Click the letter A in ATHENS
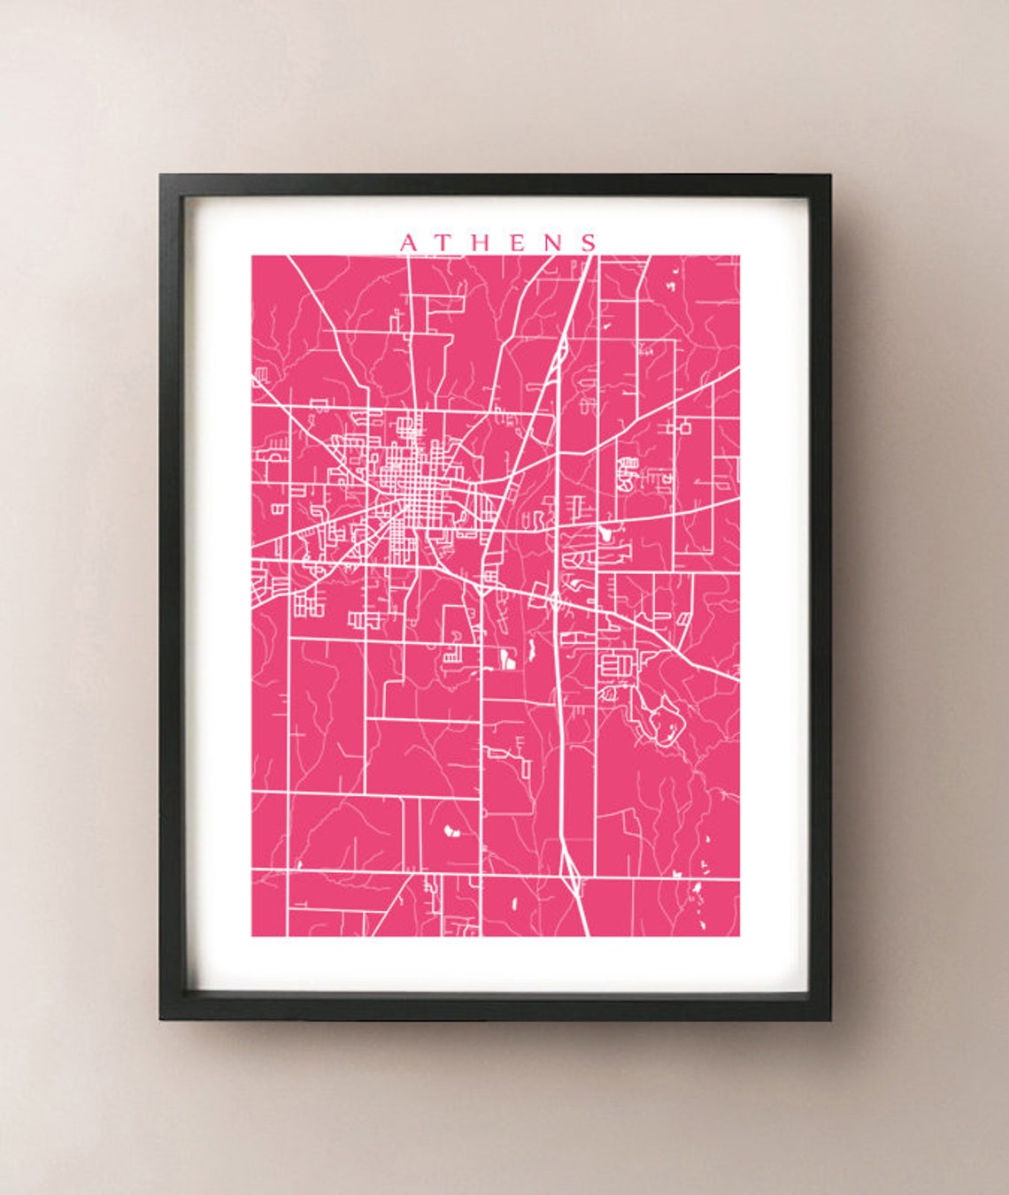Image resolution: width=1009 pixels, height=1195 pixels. [407, 242]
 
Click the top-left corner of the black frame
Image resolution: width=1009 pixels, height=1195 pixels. [161, 176]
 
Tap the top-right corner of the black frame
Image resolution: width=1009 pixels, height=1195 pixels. [829, 176]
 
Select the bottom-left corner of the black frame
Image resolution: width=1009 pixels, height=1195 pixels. [161, 1020]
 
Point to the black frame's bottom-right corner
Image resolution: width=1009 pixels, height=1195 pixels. [829, 1020]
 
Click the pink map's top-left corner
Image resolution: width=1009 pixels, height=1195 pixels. [252, 257]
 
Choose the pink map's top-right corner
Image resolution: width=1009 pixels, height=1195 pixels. [739, 257]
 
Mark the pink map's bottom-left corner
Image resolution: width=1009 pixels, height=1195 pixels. [252, 936]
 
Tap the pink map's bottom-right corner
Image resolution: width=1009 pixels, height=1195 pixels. [739, 936]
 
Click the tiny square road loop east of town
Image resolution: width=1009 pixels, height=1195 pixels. [684, 427]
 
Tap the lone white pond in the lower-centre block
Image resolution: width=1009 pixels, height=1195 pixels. [448, 831]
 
